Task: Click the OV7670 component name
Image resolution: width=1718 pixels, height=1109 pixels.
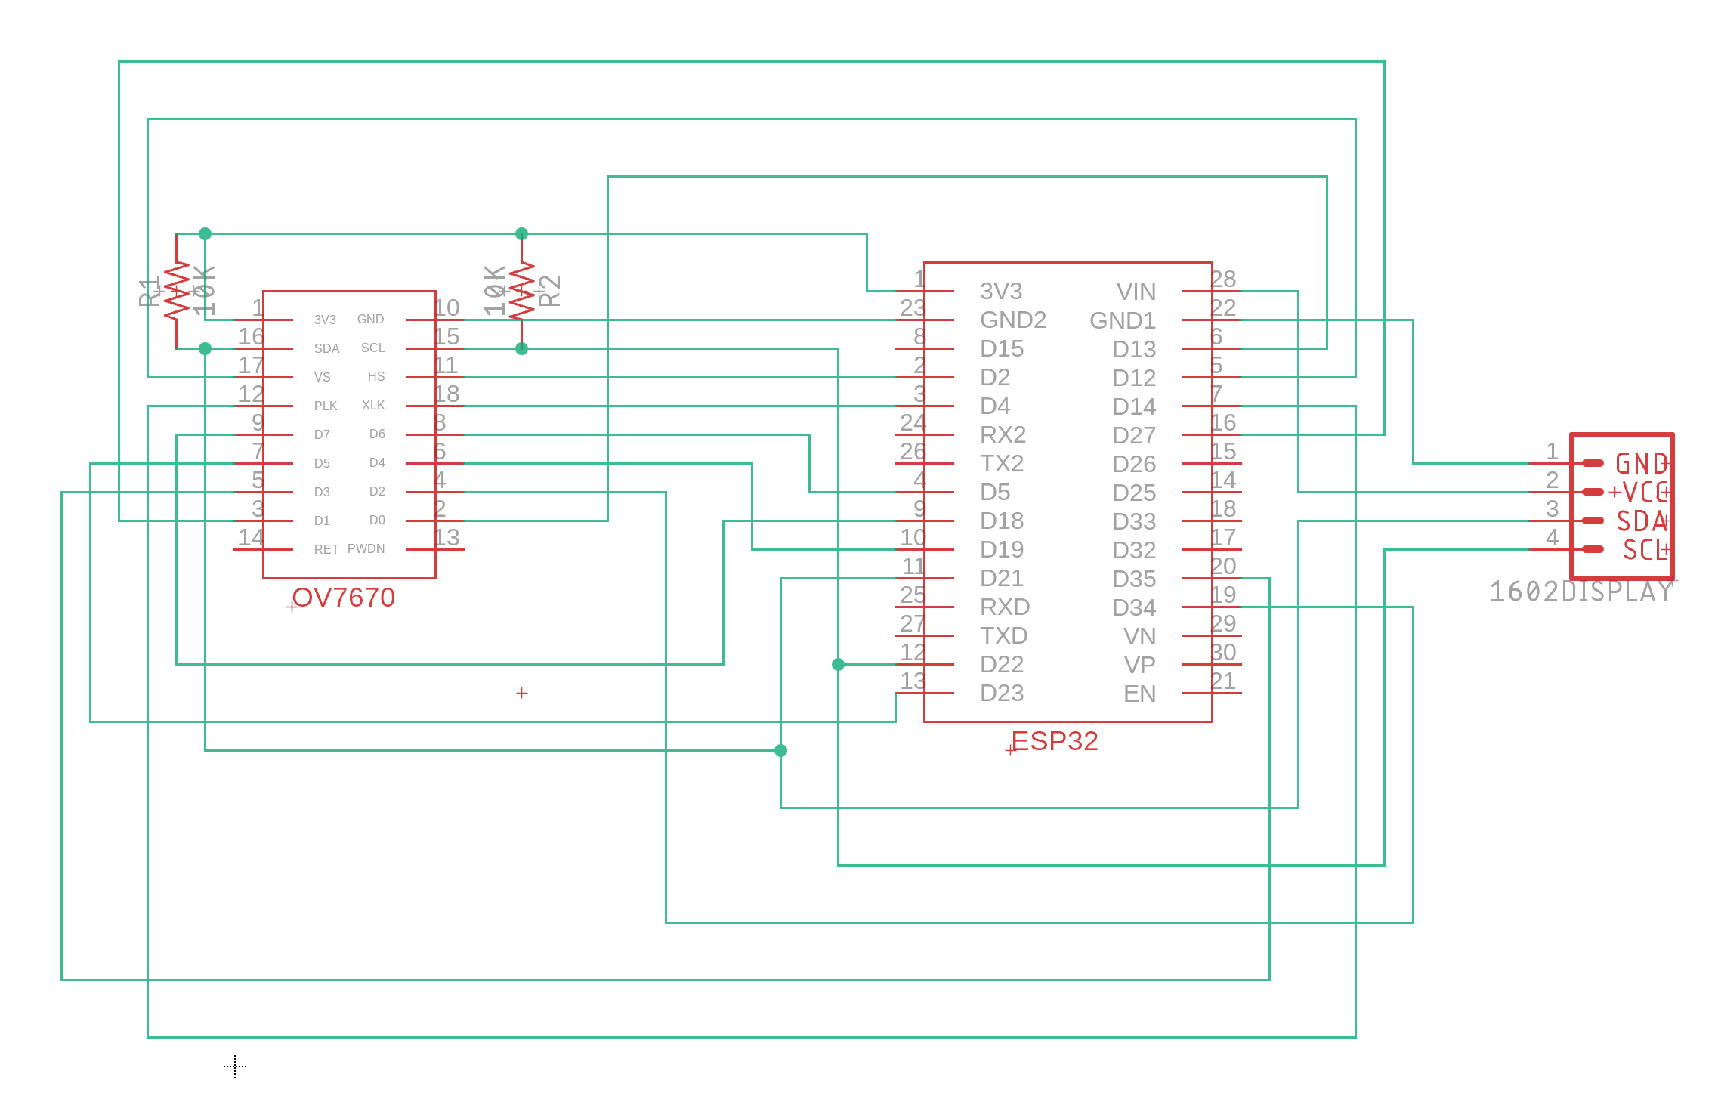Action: click(x=343, y=598)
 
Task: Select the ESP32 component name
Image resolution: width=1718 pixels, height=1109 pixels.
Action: click(x=1054, y=741)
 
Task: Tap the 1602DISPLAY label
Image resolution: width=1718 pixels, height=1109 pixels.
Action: click(x=1581, y=592)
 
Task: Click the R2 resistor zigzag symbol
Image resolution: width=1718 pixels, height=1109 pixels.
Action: click(x=521, y=291)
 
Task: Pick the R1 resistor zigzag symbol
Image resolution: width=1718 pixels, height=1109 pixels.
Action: click(x=177, y=291)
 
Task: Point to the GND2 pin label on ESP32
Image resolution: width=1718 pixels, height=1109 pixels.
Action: click(x=1012, y=320)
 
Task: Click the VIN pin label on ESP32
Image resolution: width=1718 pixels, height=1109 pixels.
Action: click(x=1136, y=292)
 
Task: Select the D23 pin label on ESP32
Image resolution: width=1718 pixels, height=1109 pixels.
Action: click(x=1001, y=694)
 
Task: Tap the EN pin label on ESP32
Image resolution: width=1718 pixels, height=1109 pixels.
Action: click(x=1139, y=694)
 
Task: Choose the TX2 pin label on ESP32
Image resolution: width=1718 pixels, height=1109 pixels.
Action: click(x=1001, y=463)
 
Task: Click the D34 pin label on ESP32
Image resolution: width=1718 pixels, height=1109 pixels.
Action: click(x=1133, y=607)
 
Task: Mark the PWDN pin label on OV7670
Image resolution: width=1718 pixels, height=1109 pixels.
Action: click(x=366, y=549)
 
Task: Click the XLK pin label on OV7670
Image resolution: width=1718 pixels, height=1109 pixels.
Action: click(x=373, y=406)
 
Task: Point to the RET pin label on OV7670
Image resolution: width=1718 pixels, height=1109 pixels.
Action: click(x=326, y=549)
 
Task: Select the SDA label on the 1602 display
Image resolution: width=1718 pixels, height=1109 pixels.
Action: click(x=1640, y=521)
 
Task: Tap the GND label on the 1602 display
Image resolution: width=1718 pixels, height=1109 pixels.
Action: click(x=1640, y=464)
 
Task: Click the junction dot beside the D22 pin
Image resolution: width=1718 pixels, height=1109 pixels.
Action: click(x=838, y=665)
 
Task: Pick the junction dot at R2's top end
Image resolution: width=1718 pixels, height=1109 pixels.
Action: click(x=521, y=234)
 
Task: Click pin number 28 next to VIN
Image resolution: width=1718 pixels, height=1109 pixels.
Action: click(x=1223, y=279)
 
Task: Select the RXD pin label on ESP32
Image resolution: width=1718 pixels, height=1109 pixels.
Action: click(x=1004, y=607)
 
